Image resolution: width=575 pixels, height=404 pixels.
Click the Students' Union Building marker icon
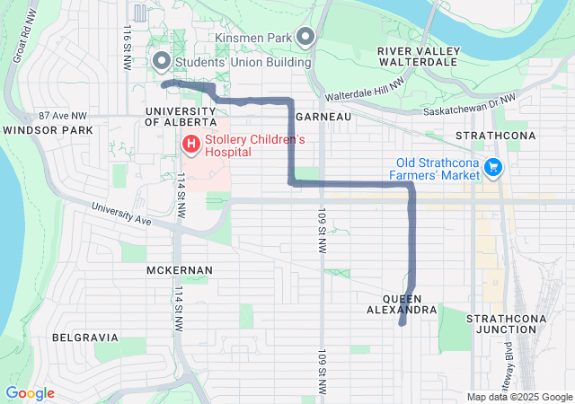(x=162, y=61)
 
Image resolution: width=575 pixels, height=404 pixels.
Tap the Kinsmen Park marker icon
(x=305, y=38)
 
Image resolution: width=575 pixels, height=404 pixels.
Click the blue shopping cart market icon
(x=492, y=167)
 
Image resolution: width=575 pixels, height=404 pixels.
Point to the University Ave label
(x=119, y=215)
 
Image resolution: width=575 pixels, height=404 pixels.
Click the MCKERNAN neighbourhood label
(x=180, y=269)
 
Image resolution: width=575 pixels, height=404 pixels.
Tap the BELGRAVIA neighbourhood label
(x=85, y=338)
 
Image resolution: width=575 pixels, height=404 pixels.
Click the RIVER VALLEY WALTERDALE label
(x=420, y=57)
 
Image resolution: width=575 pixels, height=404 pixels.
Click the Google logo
(x=30, y=393)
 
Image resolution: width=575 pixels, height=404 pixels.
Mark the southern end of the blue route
(x=401, y=324)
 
